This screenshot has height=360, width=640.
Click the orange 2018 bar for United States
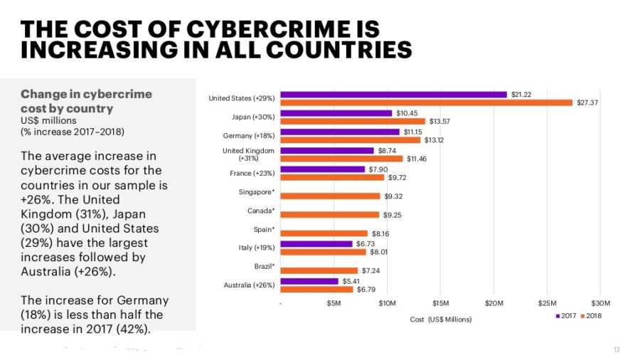427,102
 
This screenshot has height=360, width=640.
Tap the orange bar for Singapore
331,196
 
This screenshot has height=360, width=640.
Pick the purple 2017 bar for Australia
309,281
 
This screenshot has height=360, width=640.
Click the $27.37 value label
587,102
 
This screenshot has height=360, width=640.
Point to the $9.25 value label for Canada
393,215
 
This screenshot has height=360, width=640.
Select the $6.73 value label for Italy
366,244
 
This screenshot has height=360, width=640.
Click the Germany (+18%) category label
248,135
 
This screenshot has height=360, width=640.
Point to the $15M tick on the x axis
440,304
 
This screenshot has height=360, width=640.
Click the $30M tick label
600,304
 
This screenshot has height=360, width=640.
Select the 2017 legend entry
567,316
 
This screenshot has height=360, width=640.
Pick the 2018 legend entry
592,316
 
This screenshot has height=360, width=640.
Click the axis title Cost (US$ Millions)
440,319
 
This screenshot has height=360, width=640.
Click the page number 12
617,349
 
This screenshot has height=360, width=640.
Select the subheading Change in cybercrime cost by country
86,101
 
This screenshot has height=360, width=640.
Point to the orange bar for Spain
324,233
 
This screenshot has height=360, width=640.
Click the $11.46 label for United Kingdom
418,159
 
